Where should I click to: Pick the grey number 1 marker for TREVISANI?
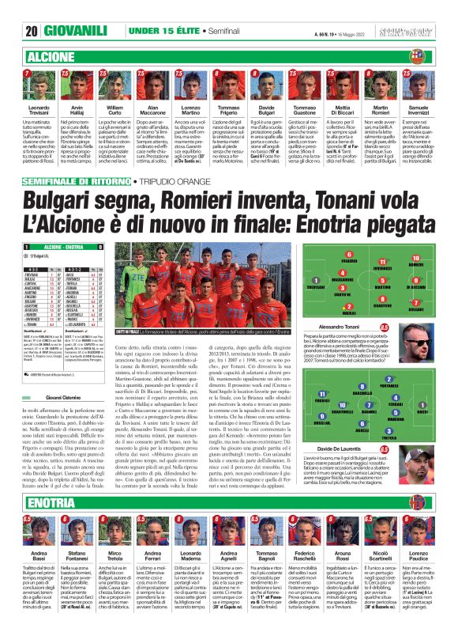316,278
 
